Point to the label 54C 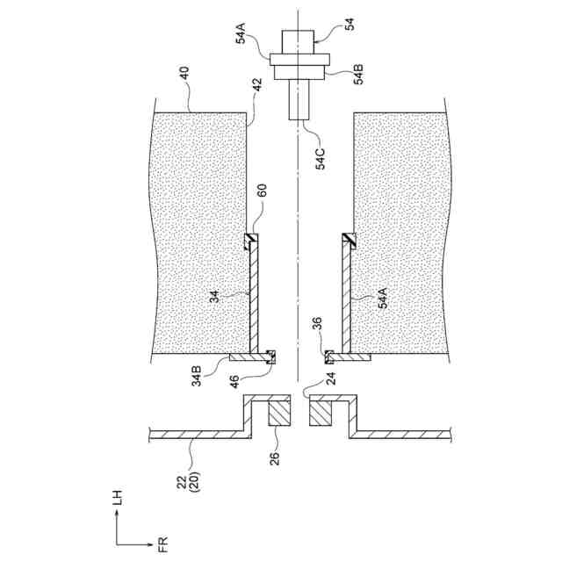[321, 157]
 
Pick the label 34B [198, 375]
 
